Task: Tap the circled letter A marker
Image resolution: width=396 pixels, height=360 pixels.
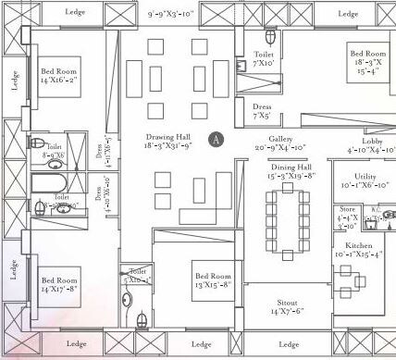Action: pos(216,139)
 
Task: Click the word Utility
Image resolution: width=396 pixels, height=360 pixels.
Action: pos(365,175)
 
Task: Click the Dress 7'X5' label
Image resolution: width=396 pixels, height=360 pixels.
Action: pos(263,111)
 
